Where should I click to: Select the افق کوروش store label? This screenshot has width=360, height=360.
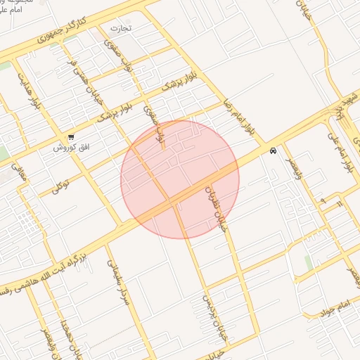click(x=71, y=149)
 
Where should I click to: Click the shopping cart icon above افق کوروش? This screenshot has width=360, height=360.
click(x=71, y=137)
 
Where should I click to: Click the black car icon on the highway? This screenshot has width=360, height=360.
click(x=272, y=150)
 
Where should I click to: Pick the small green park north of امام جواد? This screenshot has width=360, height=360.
click(x=309, y=262)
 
